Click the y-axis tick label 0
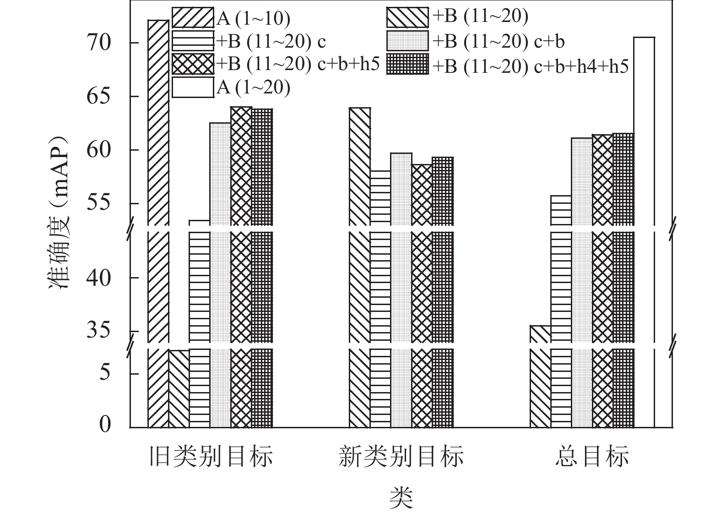105,425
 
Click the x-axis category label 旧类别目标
211,457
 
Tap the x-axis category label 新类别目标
401,457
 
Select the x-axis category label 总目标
592,457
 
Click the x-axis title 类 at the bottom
401,498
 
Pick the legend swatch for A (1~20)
193,87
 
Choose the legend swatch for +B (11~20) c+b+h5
193,64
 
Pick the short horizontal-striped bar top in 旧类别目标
200,221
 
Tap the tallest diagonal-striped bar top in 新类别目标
360,109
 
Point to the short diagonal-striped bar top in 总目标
540,326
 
